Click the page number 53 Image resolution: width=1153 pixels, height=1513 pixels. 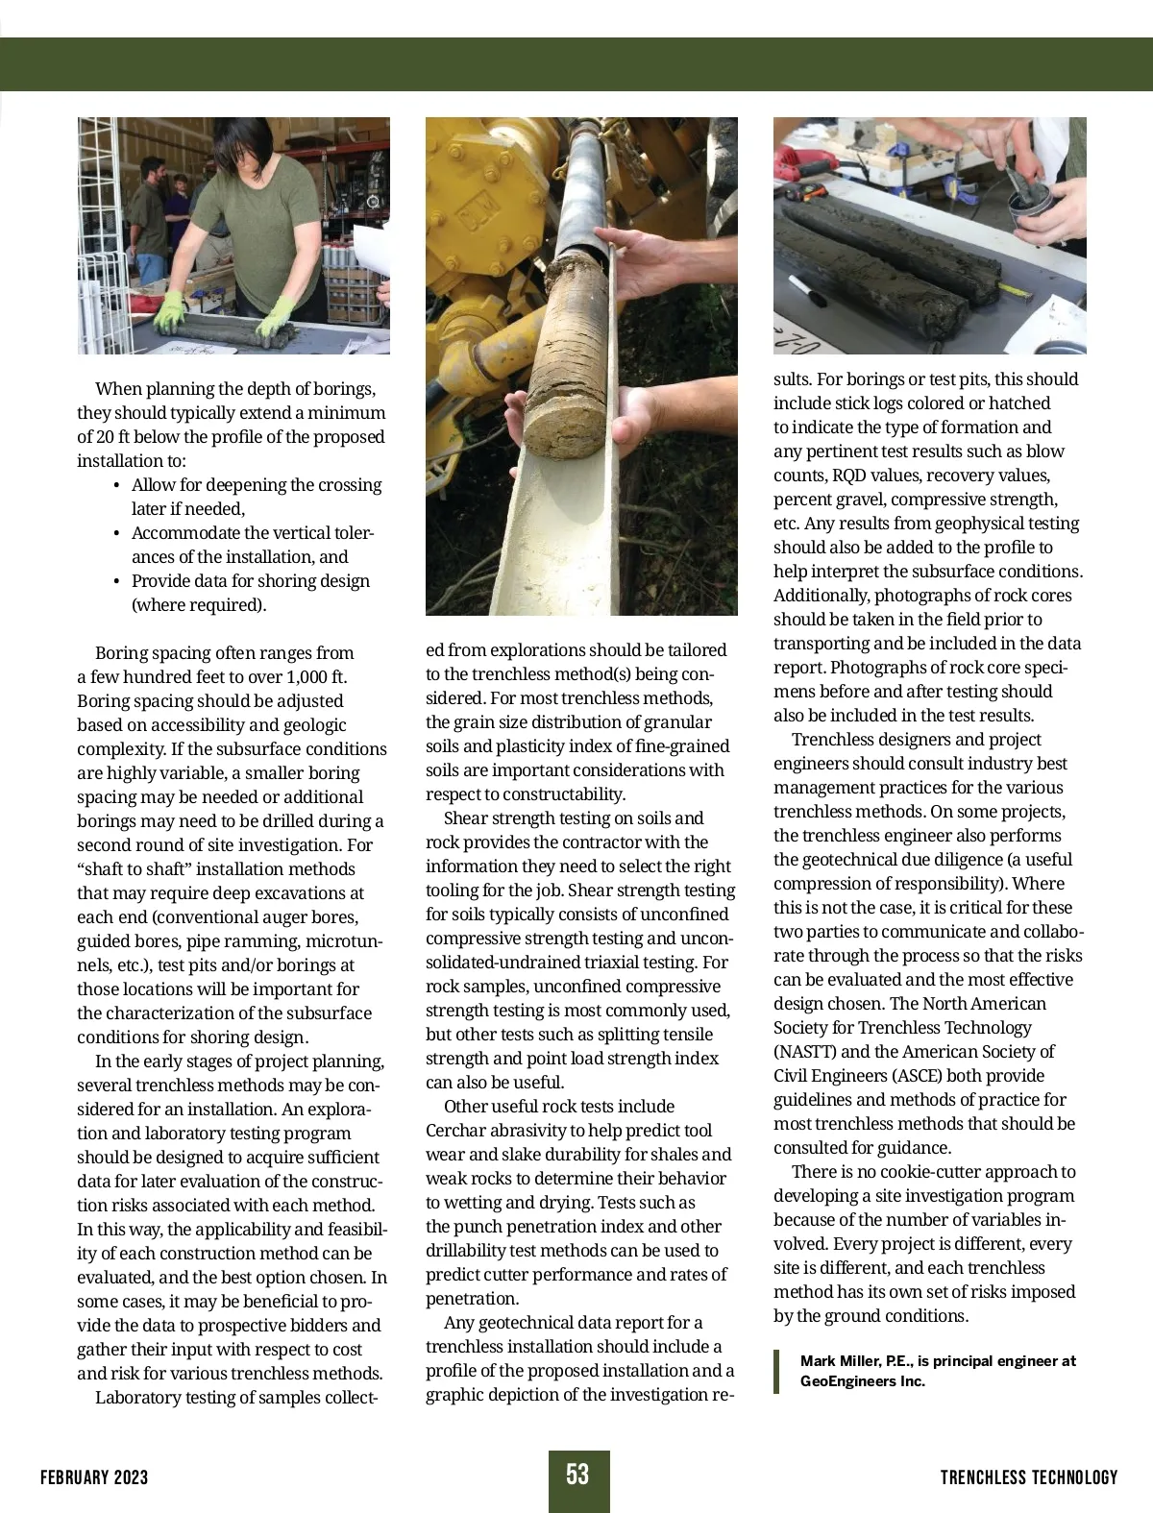(x=577, y=1475)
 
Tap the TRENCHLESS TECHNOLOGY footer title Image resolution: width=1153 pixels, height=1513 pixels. (x=1029, y=1477)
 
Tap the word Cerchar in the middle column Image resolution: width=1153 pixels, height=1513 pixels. (x=457, y=1131)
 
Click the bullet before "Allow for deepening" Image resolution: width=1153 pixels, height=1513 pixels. (x=116, y=486)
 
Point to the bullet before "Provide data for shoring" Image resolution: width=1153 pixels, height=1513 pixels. (x=116, y=582)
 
